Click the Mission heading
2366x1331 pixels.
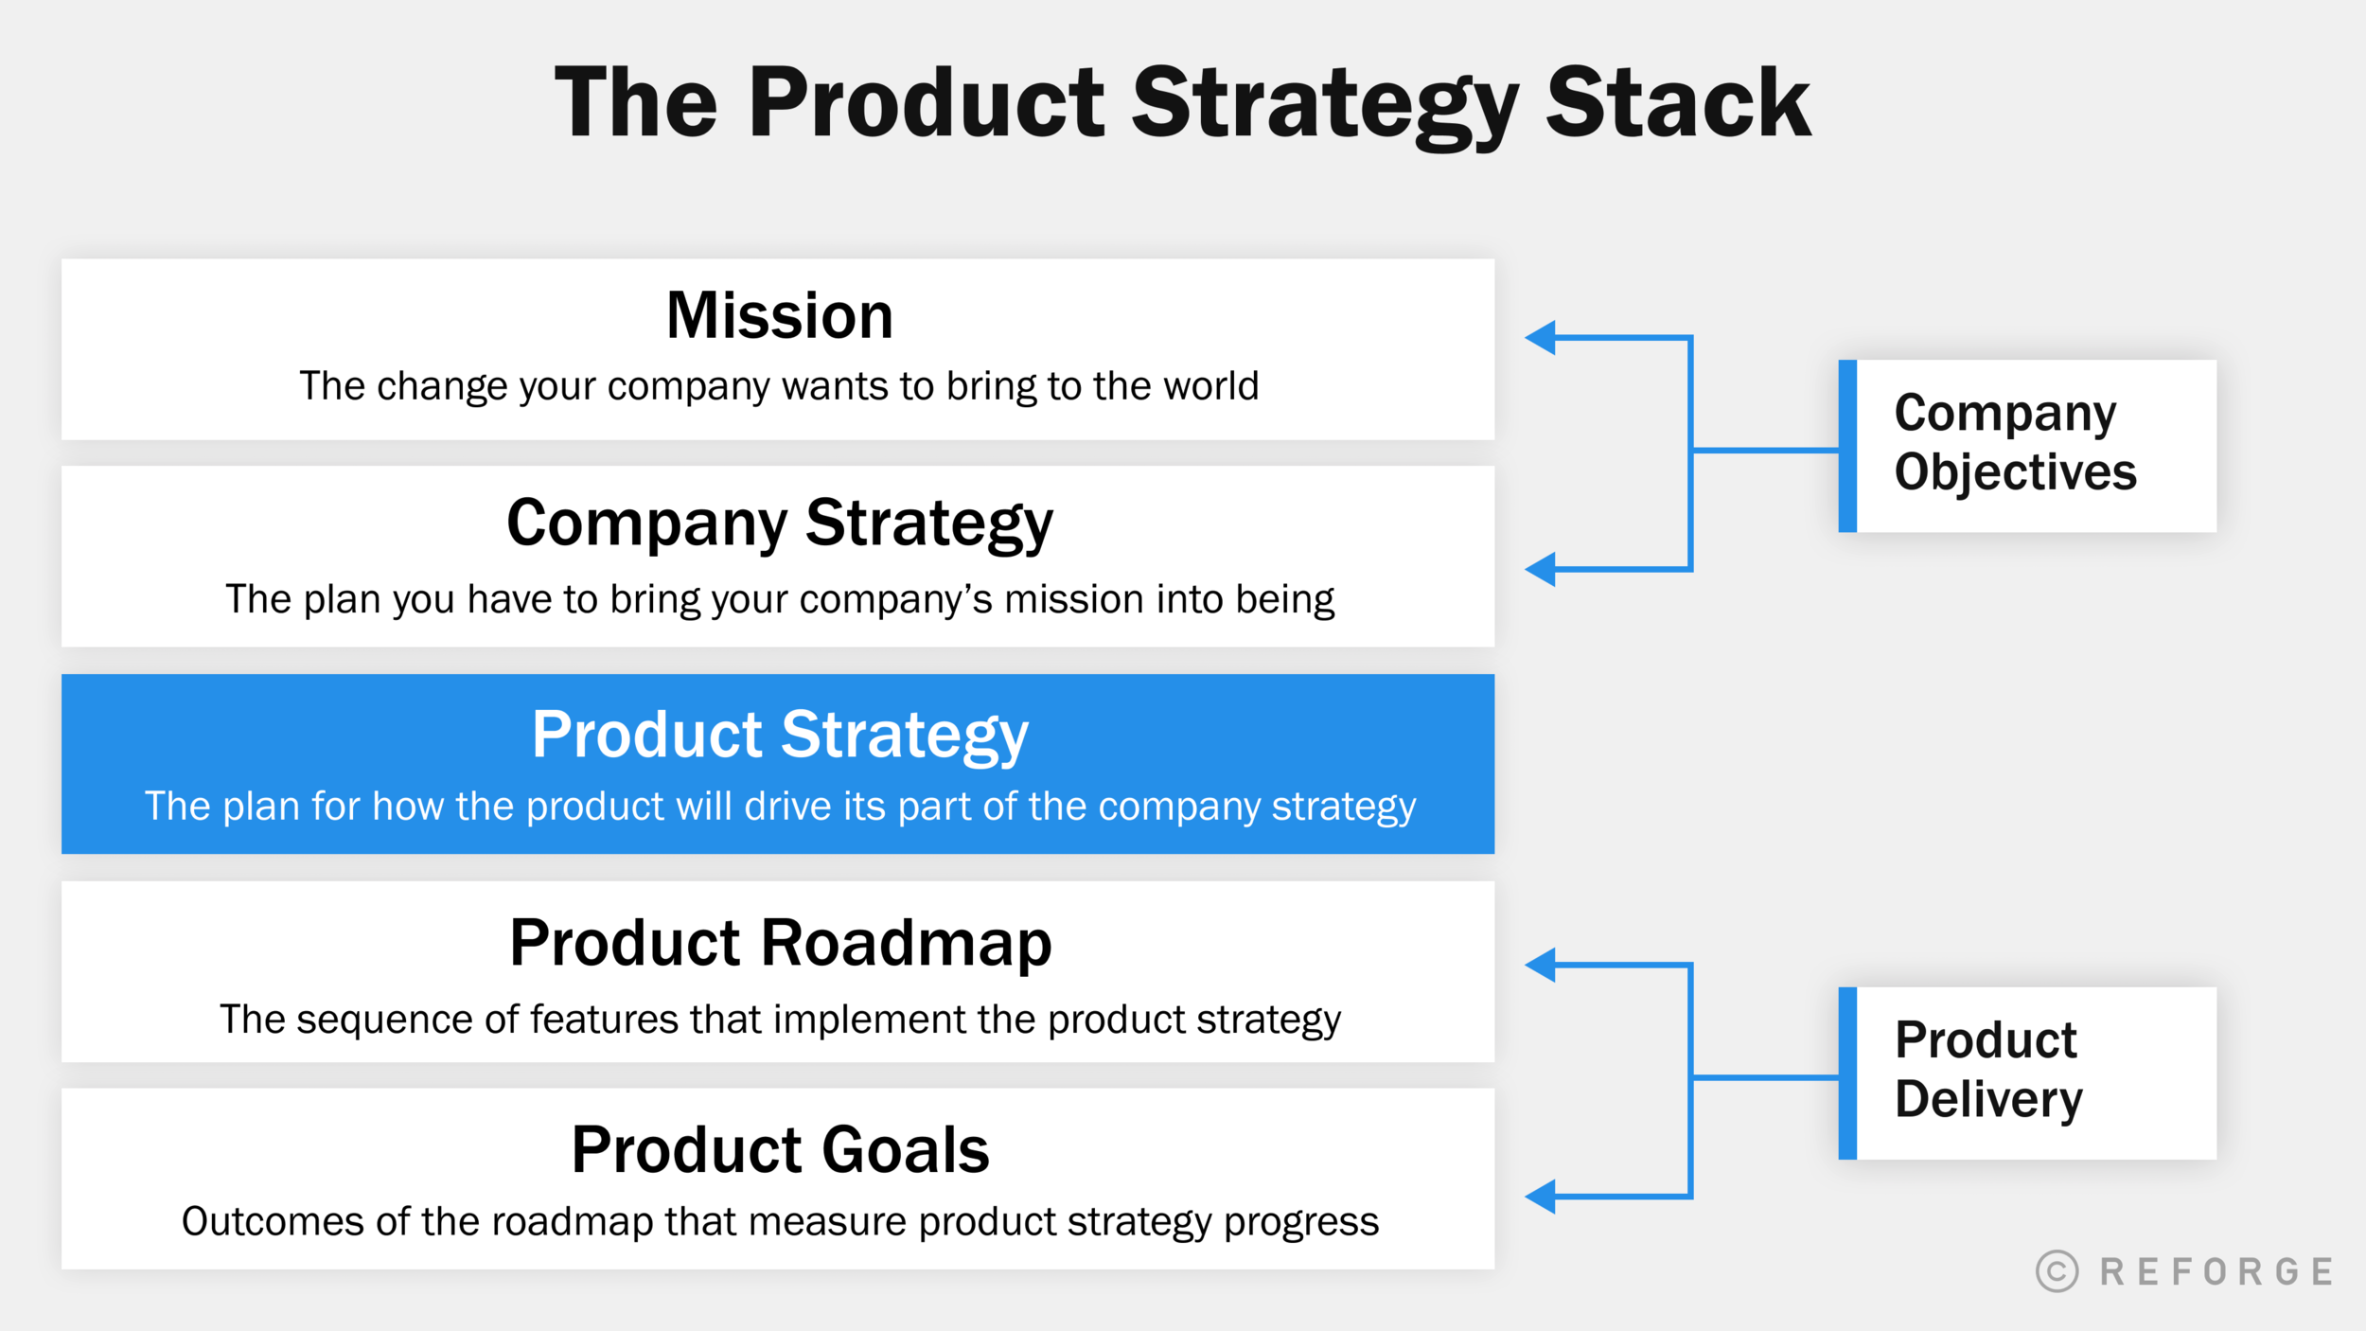779,315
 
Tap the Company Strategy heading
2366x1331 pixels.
779,523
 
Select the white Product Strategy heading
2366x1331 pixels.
779,735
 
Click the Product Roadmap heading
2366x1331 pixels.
780,943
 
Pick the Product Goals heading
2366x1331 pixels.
780,1150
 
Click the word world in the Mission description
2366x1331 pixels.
1210,386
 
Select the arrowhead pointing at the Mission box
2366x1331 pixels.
1542,337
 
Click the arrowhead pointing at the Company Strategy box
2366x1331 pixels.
1542,569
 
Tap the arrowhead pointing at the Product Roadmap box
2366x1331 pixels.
1542,965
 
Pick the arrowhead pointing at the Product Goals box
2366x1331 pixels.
1542,1197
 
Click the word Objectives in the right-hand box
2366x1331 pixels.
2015,472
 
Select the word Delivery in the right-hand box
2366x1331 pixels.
1988,1100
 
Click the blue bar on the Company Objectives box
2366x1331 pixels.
1847,446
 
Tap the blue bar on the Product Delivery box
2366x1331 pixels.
1847,1074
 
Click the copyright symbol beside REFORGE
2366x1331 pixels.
2057,1271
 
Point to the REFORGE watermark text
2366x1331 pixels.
2216,1272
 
